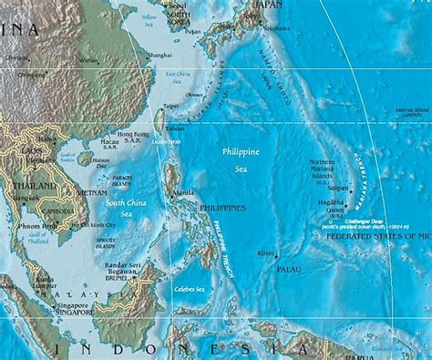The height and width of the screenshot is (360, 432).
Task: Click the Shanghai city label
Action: point(159,55)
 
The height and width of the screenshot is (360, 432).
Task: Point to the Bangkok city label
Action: point(25,196)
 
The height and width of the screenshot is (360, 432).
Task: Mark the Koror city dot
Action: point(275,254)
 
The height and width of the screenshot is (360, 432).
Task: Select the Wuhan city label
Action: point(87,61)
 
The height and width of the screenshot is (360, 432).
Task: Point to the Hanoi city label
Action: point(46,139)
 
